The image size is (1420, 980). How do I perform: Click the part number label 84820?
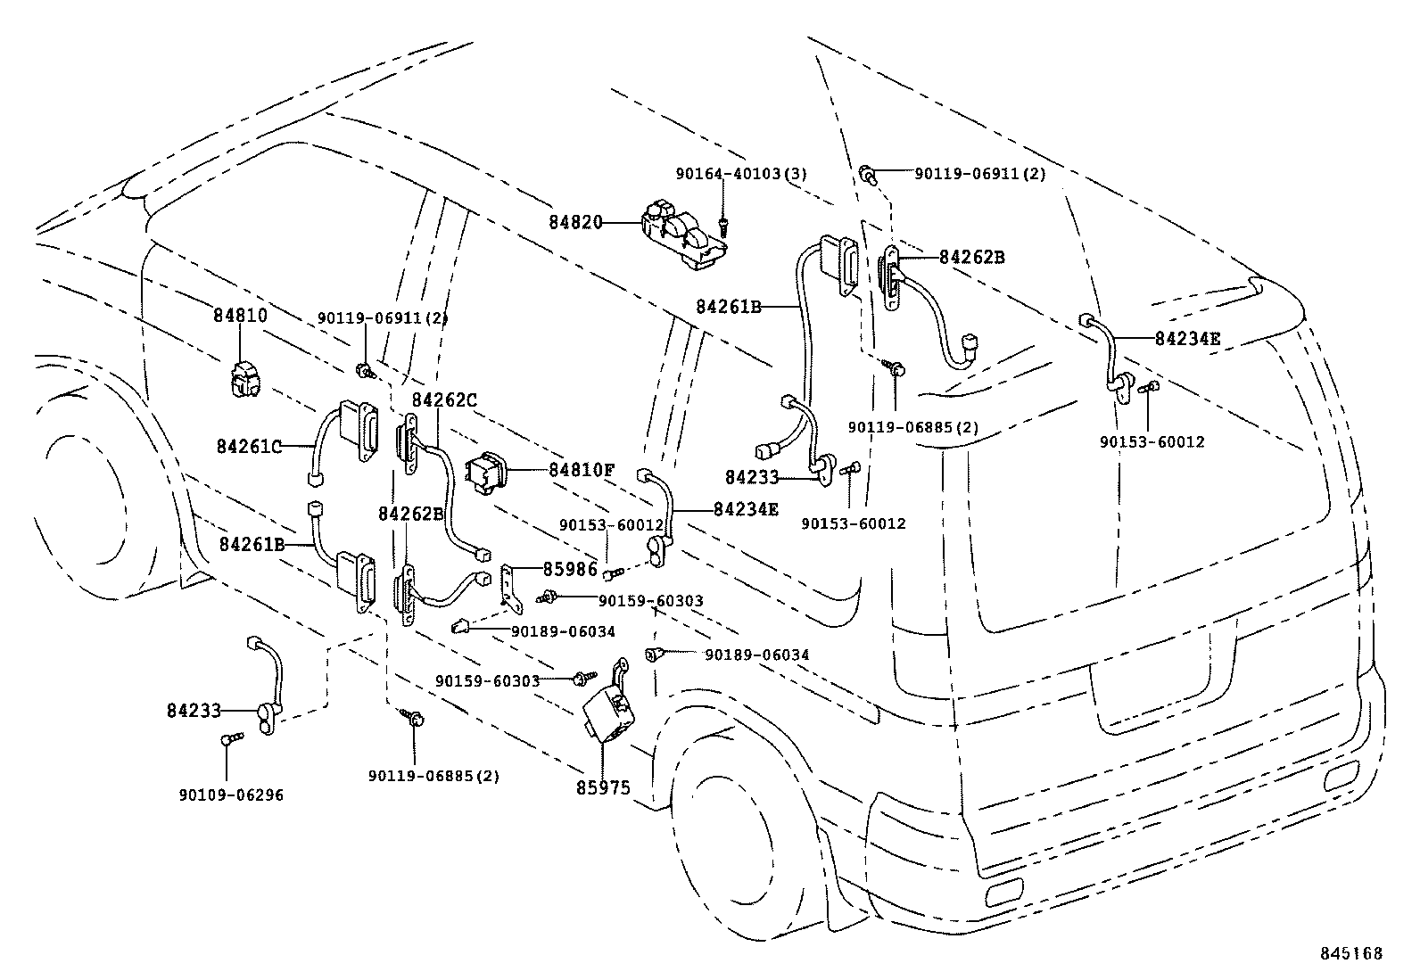coord(576,222)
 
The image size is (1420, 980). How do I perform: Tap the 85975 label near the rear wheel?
coord(604,787)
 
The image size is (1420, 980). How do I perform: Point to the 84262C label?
coord(443,400)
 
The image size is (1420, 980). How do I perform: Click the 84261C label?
coord(249,446)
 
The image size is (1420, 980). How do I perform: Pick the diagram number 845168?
coord(1351,953)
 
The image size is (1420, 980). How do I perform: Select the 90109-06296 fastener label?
coord(231,795)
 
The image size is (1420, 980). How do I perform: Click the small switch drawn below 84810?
coord(243,378)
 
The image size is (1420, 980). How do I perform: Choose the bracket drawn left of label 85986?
coord(512,588)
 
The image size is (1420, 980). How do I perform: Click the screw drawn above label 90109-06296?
coord(233,738)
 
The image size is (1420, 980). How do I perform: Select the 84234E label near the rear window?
coord(1187,338)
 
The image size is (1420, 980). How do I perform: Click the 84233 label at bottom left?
coord(193,711)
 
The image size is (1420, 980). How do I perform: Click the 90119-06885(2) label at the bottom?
coord(433,776)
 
